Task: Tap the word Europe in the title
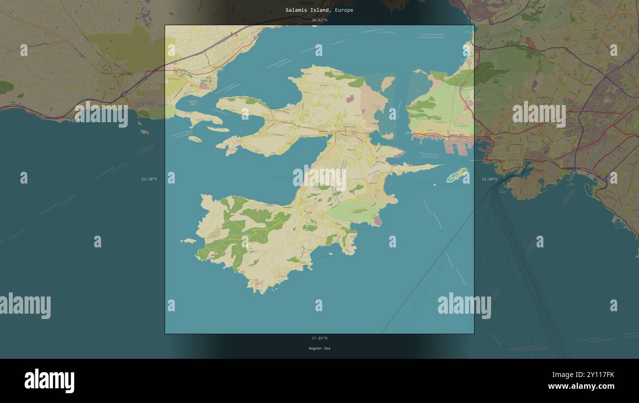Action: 344,10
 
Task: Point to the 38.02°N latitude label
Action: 319,20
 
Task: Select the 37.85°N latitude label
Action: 319,338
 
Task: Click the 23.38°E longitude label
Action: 149,179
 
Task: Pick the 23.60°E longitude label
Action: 489,179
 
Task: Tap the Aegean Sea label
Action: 319,349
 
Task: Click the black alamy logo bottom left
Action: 49,381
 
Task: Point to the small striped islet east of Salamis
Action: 457,174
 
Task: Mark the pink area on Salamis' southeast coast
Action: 377,220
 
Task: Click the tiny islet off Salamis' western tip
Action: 188,241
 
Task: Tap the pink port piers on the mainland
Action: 456,145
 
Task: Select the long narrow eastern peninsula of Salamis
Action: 418,168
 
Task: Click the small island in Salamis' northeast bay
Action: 387,82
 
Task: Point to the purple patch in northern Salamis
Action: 350,99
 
